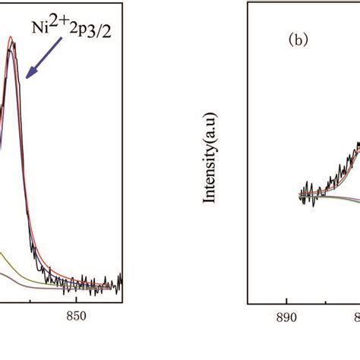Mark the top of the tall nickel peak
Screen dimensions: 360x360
[11, 41]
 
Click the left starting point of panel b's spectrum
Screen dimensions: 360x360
[299, 196]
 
